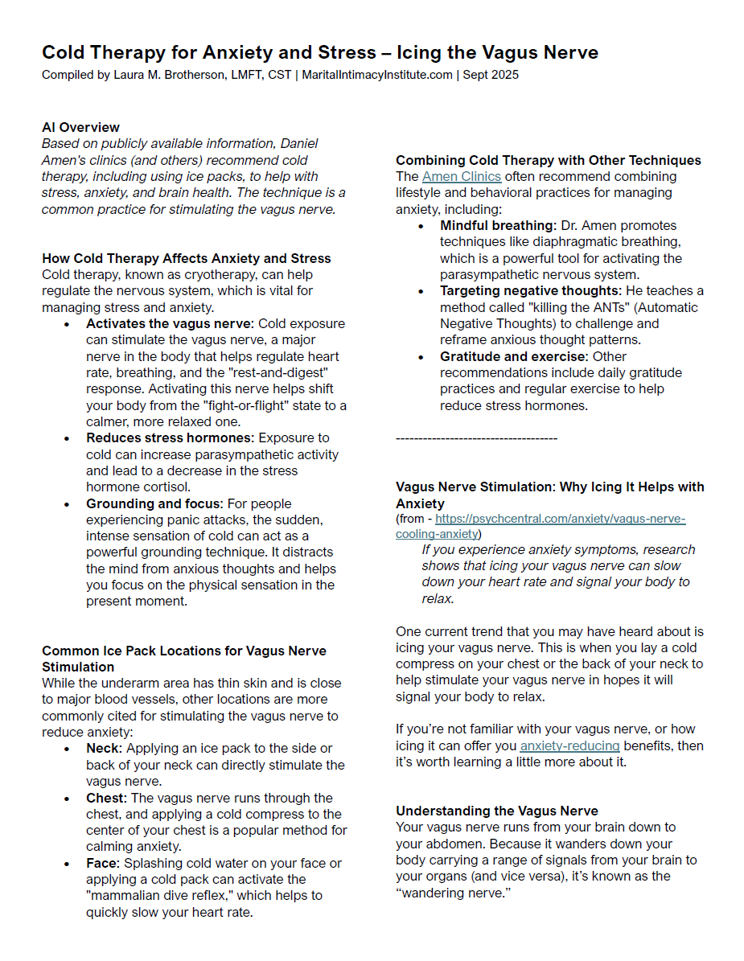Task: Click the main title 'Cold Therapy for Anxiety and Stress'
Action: (208, 53)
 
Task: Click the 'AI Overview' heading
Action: (80, 127)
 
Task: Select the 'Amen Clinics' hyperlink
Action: (461, 176)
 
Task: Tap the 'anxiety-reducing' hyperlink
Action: (569, 745)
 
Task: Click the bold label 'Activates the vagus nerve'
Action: (169, 323)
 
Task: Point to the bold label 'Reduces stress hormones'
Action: (169, 437)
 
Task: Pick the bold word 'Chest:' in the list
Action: (107, 798)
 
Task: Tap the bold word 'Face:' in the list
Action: (104, 863)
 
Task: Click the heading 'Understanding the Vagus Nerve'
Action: (497, 811)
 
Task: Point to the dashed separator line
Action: (476, 438)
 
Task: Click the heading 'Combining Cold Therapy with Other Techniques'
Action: (549, 160)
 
